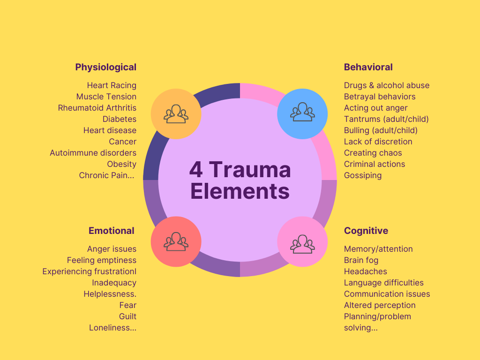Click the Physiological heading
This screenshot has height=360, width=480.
tap(105, 67)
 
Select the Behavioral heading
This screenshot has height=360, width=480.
tap(368, 67)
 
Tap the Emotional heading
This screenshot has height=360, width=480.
tap(111, 231)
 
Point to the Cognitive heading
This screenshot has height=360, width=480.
tap(366, 231)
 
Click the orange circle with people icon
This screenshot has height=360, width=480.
tap(176, 114)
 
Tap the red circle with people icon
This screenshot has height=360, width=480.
tap(176, 242)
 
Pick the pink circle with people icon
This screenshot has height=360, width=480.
tap(302, 242)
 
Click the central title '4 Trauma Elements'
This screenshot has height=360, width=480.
tap(240, 180)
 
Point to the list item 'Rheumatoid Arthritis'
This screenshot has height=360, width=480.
tap(97, 108)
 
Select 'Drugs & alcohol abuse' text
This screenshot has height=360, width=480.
tap(386, 85)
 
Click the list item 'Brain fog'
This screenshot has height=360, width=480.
tap(361, 260)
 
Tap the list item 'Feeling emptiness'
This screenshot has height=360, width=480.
tap(101, 260)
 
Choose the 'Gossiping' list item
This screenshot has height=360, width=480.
tap(362, 175)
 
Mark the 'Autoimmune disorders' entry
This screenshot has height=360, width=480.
tap(93, 153)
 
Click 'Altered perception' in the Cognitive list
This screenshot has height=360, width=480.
tap(379, 305)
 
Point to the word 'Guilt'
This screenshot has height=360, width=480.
tap(127, 316)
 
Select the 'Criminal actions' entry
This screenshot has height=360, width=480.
tap(374, 164)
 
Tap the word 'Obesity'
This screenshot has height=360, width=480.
tap(121, 164)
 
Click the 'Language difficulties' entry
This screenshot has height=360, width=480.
tap(383, 283)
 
